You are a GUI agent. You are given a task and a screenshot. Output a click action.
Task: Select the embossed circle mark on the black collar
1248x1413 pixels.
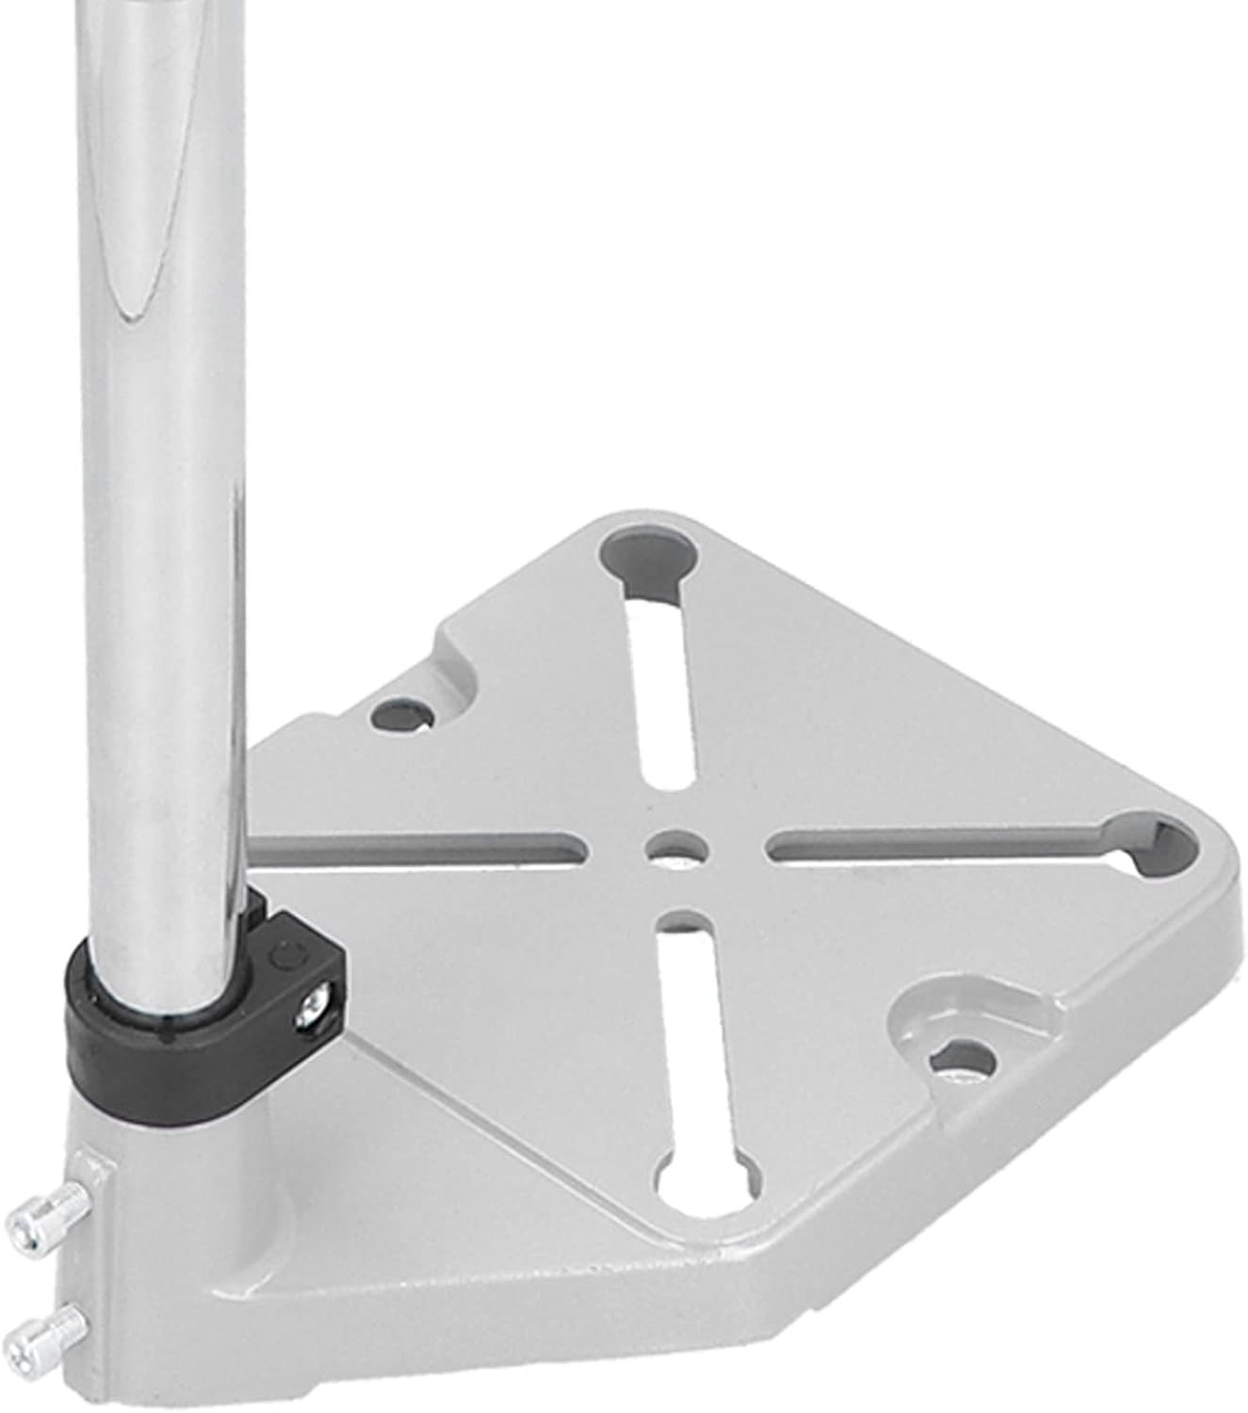(x=283, y=956)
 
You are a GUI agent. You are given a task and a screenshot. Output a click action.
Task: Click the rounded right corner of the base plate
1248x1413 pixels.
(x=1215, y=867)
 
